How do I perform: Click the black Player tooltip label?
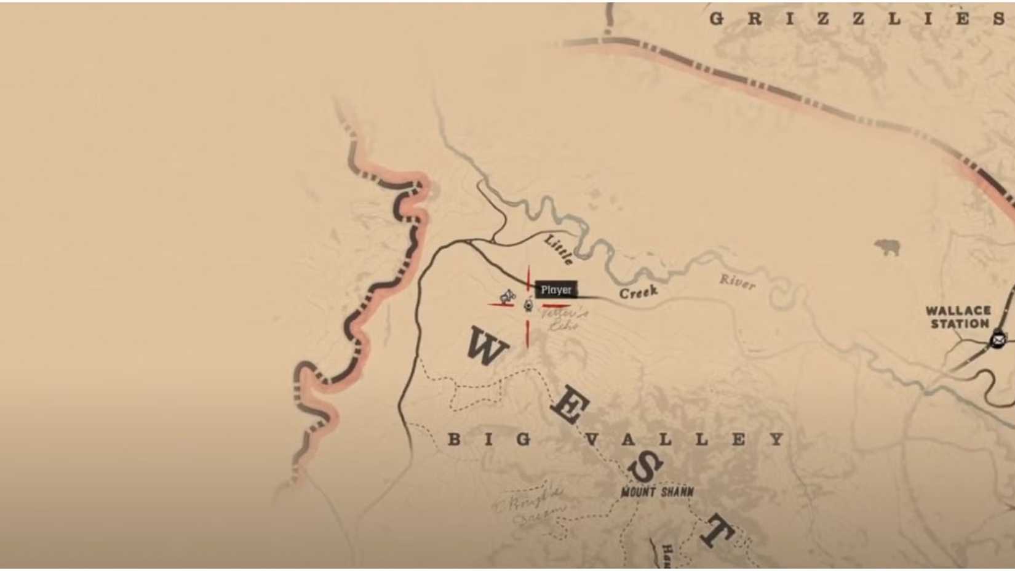tap(556, 290)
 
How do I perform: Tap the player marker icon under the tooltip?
tap(528, 305)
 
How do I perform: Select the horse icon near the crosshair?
tap(507, 298)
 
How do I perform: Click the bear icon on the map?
tap(887, 248)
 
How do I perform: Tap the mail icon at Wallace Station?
tap(998, 339)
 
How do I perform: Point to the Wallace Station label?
tap(958, 317)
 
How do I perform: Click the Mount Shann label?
tap(657, 492)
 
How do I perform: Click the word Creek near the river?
tap(639, 292)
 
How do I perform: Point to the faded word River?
tap(737, 282)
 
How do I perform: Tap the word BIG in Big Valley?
tap(490, 439)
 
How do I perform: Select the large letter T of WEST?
tap(717, 530)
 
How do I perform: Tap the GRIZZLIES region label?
tap(858, 18)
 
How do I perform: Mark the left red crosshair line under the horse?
tap(501, 305)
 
